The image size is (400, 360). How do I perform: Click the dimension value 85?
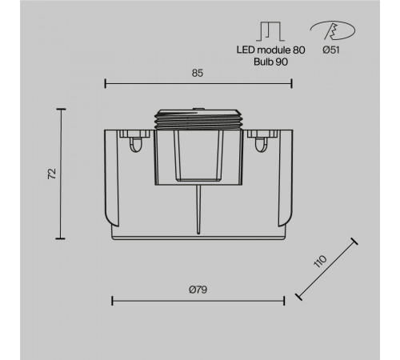[x=198, y=73]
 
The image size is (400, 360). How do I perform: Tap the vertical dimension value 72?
[x=52, y=174]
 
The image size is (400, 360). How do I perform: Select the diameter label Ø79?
[x=198, y=290]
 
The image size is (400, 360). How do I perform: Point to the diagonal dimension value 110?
[x=320, y=261]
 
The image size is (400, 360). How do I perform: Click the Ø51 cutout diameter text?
[x=331, y=50]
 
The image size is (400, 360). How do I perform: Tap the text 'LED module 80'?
[x=270, y=50]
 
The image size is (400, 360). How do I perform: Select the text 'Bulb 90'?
[x=270, y=62]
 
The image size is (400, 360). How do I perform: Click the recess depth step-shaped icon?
[x=270, y=31]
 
